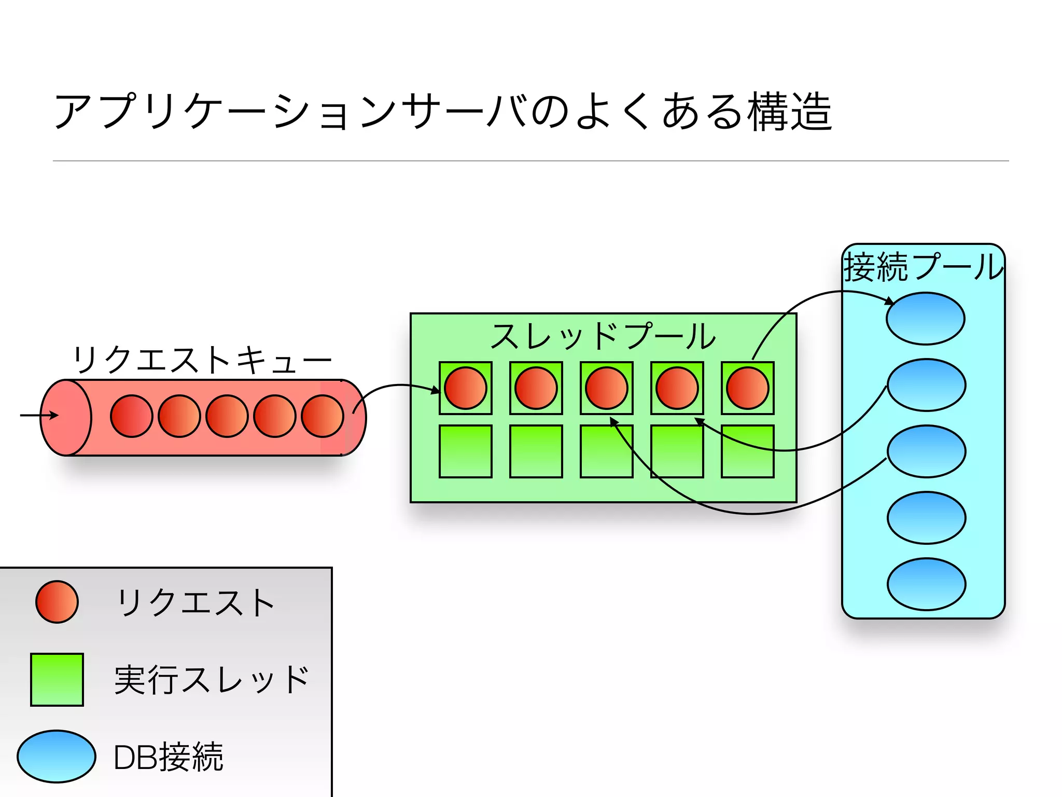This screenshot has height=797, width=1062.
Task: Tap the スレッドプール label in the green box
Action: click(603, 336)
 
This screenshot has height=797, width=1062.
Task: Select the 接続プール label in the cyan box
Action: click(924, 267)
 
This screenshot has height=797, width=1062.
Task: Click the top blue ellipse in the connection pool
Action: click(926, 319)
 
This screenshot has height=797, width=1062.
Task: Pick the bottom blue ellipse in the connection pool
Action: click(927, 584)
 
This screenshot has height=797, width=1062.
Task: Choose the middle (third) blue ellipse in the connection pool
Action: click(927, 451)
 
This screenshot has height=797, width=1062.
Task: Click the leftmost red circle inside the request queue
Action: click(131, 416)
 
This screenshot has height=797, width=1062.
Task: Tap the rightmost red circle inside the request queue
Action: click(323, 416)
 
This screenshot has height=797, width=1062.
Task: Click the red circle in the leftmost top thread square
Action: click(466, 388)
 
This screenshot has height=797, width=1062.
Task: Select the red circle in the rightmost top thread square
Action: click(748, 388)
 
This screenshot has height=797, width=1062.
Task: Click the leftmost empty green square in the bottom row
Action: click(466, 451)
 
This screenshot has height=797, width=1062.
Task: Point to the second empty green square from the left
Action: click(536, 451)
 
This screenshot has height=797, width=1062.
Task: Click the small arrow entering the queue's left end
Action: click(39, 415)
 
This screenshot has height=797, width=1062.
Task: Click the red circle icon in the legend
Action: click(57, 602)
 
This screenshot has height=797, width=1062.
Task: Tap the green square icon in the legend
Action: click(57, 680)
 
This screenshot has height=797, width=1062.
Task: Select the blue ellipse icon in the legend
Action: click(57, 757)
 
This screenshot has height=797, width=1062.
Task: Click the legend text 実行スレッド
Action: click(212, 680)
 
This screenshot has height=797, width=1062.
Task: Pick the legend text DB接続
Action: click(168, 758)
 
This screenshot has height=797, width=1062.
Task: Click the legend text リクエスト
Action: click(195, 603)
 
